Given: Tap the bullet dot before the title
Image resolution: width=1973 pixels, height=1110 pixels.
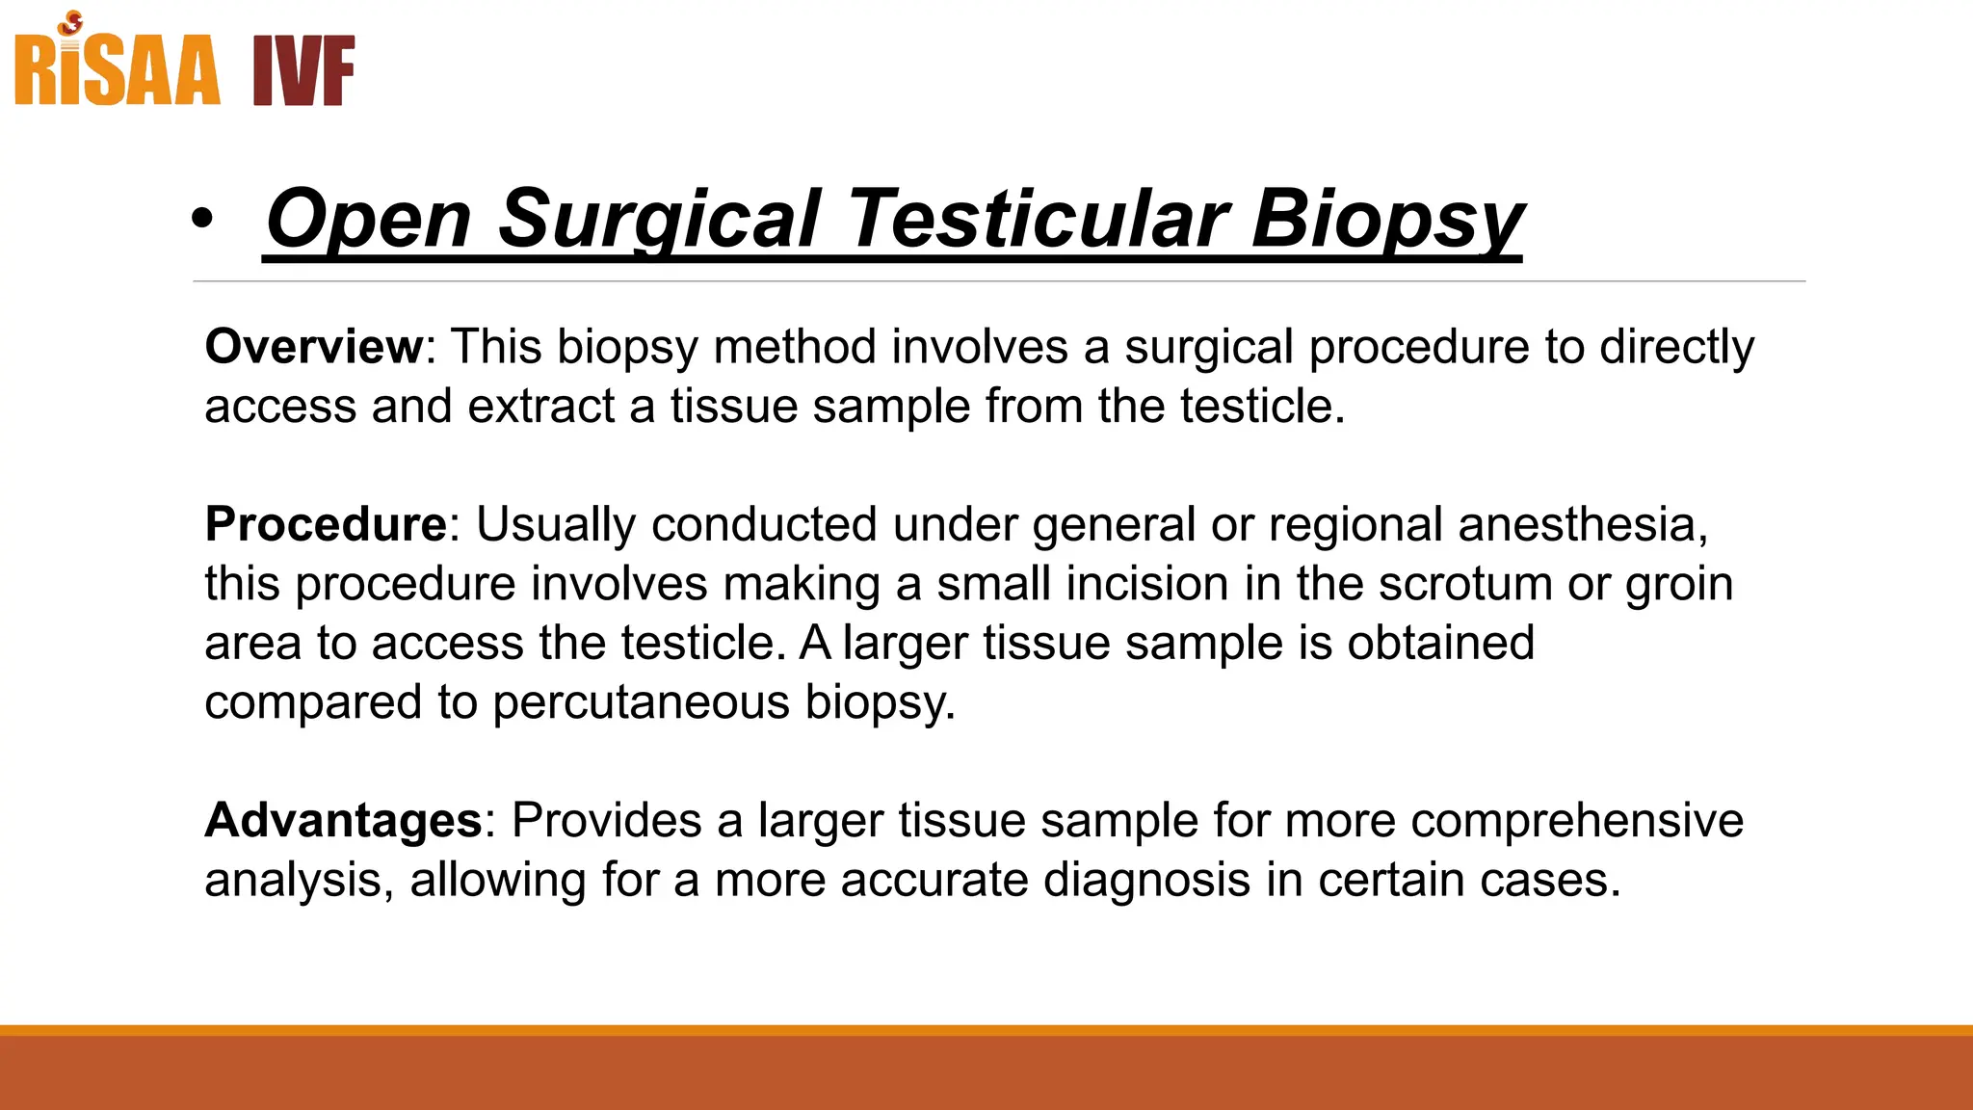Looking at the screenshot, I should (201, 219).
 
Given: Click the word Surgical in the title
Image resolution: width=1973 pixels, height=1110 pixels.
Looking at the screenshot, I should (659, 219).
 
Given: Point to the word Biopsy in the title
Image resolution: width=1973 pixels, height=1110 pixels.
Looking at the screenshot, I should (1387, 219).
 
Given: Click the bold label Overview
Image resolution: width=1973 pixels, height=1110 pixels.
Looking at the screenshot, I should (314, 346).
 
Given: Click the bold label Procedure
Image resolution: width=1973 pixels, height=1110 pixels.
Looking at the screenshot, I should (326, 524).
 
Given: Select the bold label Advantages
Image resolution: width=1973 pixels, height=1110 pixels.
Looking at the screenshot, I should (343, 820).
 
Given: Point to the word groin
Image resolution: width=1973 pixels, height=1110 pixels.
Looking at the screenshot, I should (1679, 584).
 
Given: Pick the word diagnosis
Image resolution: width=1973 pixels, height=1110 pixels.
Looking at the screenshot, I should (1146, 880).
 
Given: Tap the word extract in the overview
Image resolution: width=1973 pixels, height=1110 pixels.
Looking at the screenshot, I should (540, 406).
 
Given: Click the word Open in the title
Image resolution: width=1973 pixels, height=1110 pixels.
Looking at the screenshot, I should (369, 219).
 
